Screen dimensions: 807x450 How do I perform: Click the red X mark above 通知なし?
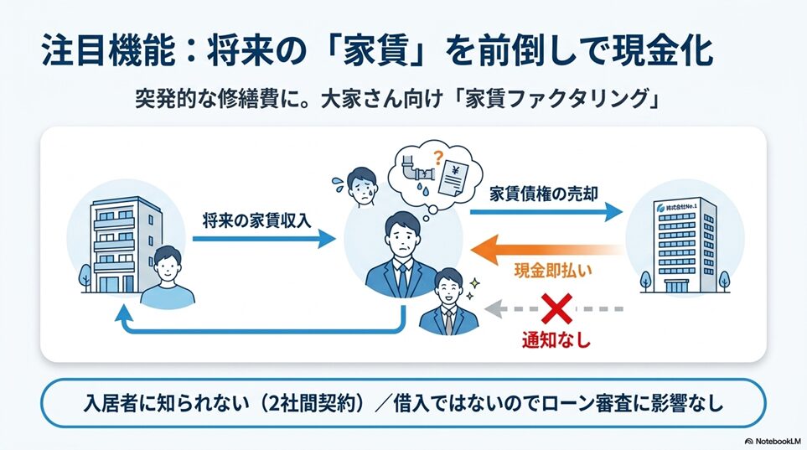coord(557,308)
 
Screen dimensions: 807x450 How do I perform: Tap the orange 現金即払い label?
coord(553,272)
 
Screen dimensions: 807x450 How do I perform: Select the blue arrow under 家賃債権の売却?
coord(546,212)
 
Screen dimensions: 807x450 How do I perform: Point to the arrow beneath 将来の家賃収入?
coord(264,239)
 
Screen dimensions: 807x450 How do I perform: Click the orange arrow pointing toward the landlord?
coord(547,250)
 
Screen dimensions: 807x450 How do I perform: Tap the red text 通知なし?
coord(556,340)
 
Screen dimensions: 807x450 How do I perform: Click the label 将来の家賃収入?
coord(256,220)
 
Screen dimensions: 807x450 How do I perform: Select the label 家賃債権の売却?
coord(544,194)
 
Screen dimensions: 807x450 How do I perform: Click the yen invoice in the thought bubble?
coord(453,178)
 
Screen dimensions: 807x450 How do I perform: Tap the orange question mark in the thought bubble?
coord(438,157)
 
